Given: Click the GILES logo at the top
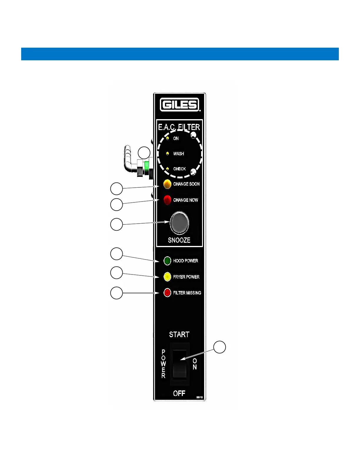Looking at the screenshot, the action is point(180,105).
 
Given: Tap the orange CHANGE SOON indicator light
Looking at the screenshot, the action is point(167,184).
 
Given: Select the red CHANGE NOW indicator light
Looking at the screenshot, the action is point(167,200).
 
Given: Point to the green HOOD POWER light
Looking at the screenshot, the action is point(167,261).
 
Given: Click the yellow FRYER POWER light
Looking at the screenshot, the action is point(167,277).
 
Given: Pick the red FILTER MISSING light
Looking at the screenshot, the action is point(167,293).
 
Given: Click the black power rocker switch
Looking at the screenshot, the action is point(179,364).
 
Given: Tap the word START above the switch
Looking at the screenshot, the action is point(179,334).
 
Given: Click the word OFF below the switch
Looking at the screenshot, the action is point(179,393).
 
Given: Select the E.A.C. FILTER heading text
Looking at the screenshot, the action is point(179,127).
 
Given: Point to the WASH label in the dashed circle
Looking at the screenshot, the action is point(179,154).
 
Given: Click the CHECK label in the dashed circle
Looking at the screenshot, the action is point(179,169).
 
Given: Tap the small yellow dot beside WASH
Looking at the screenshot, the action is point(167,154).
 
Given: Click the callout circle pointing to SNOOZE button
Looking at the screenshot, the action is point(116,224).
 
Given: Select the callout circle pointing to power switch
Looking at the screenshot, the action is point(219,347).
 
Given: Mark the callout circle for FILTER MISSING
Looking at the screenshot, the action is point(116,293).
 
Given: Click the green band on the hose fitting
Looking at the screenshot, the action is point(146,167).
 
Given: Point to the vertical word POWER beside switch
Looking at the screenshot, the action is point(164,364).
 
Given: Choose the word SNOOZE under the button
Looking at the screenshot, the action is point(179,240).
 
